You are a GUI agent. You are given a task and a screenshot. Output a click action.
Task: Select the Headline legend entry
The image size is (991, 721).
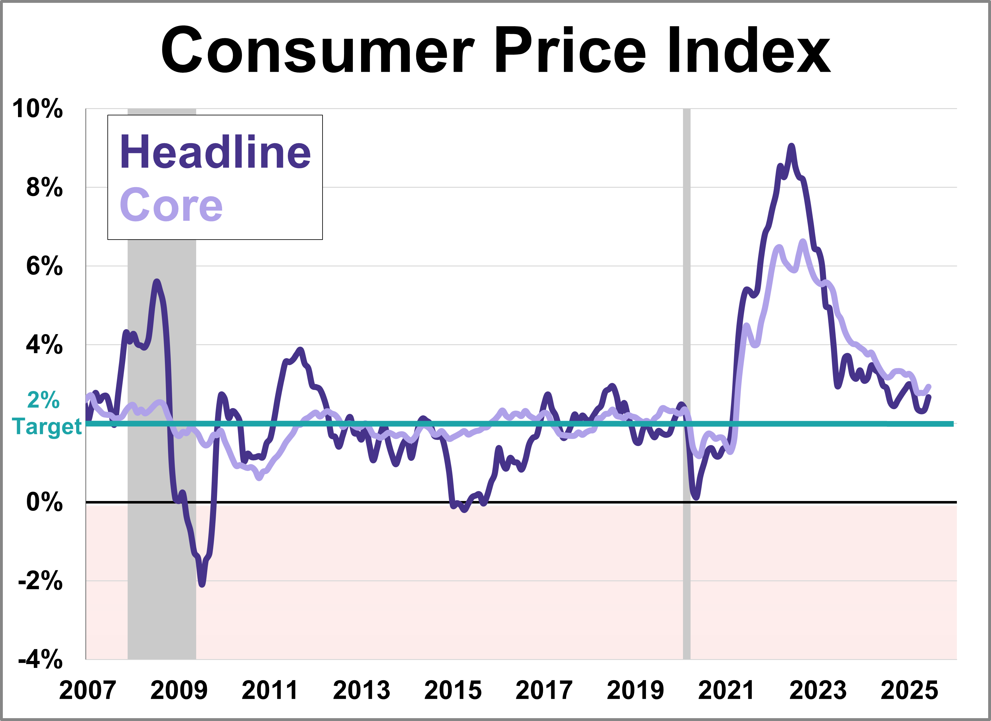pos(215,152)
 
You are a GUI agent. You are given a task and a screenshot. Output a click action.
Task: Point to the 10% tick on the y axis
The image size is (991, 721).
pos(38,109)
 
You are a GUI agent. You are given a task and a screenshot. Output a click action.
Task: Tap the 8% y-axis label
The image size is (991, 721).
pos(44,188)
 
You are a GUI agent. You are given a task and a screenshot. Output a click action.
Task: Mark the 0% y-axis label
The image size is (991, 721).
pos(44,502)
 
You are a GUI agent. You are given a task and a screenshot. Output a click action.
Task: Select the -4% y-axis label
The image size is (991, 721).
pos(40,660)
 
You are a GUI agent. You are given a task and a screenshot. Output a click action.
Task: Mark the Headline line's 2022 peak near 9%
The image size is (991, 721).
pos(791,146)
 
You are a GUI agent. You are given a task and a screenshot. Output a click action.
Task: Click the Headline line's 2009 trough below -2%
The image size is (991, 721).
pos(202,584)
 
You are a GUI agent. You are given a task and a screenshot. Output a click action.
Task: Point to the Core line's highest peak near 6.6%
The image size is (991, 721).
pos(803,241)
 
